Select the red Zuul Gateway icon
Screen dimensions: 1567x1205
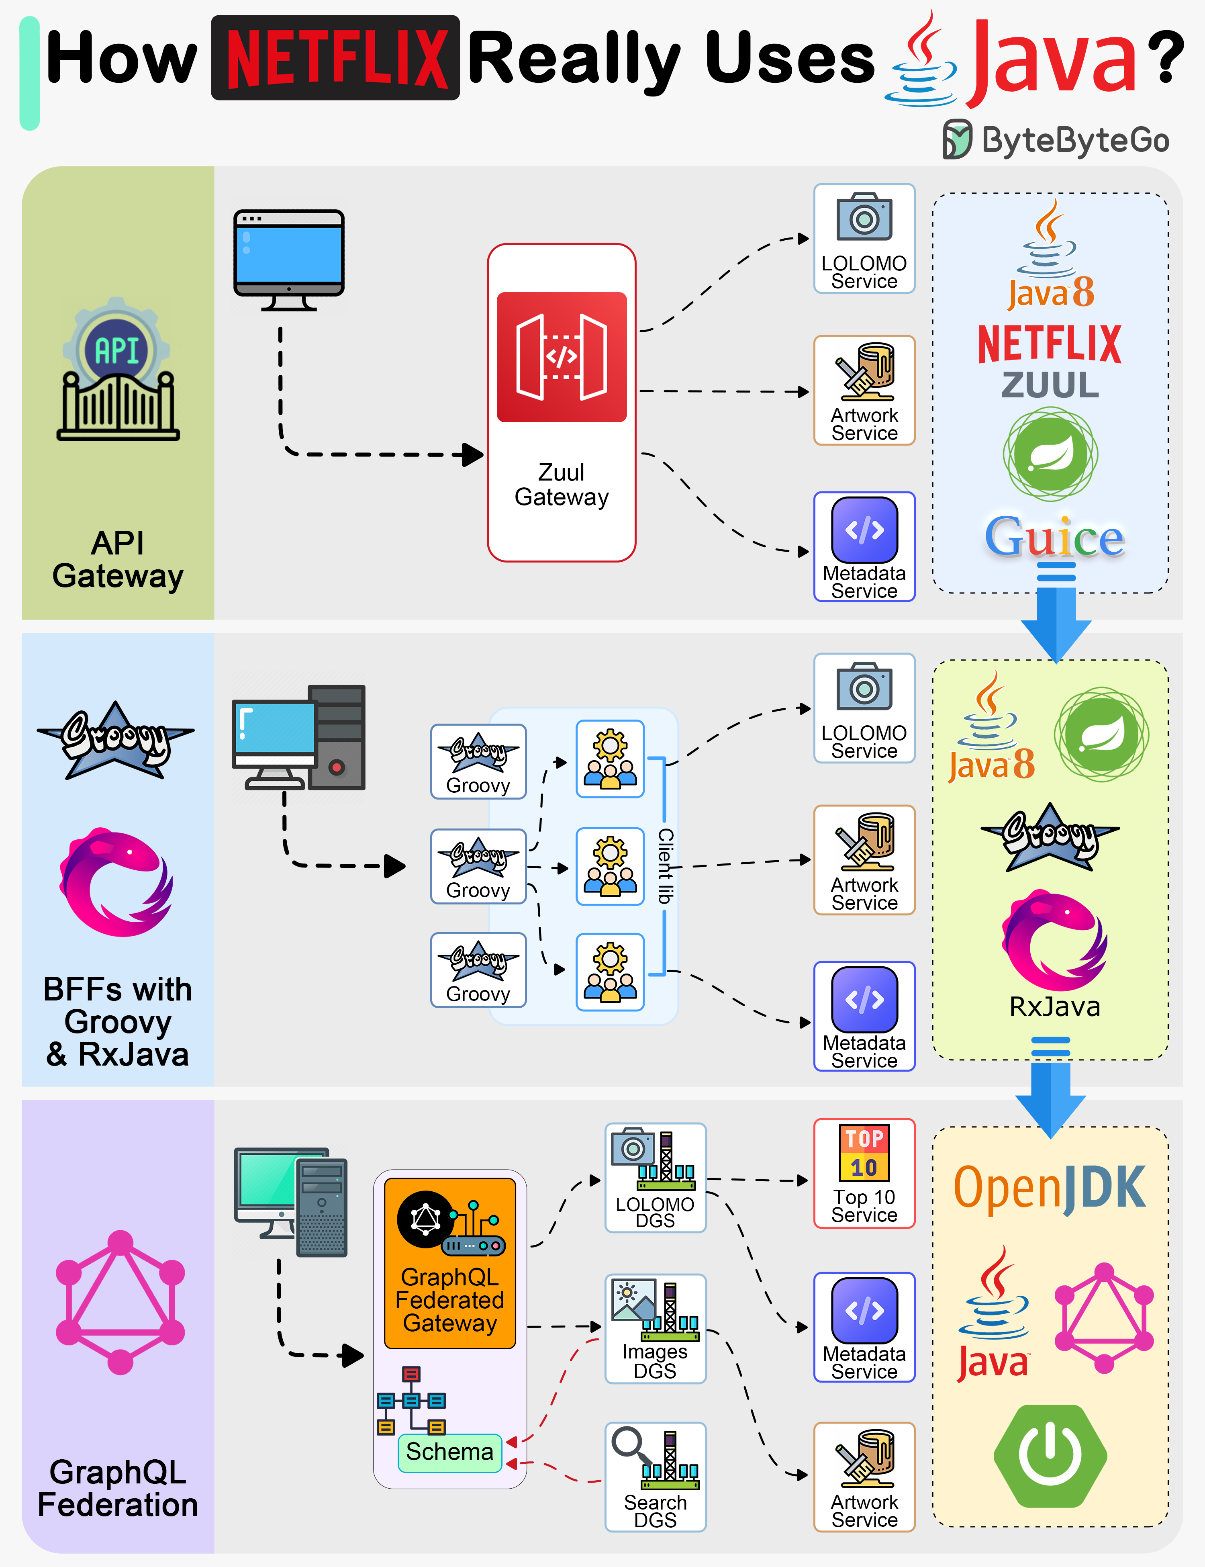coord(562,357)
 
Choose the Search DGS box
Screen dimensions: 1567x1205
coord(655,1477)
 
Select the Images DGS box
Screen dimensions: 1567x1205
coord(655,1328)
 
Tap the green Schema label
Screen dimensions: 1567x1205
coord(450,1451)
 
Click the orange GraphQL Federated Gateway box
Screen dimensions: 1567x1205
coord(450,1263)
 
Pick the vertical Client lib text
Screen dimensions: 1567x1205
coord(666,866)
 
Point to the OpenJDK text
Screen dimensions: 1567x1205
coord(1049,1187)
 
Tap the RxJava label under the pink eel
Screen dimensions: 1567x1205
coord(1054,1006)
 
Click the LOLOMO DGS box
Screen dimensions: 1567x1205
coord(655,1177)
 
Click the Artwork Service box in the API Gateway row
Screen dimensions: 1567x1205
coord(864,390)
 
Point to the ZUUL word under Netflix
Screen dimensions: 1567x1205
coord(1050,385)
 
